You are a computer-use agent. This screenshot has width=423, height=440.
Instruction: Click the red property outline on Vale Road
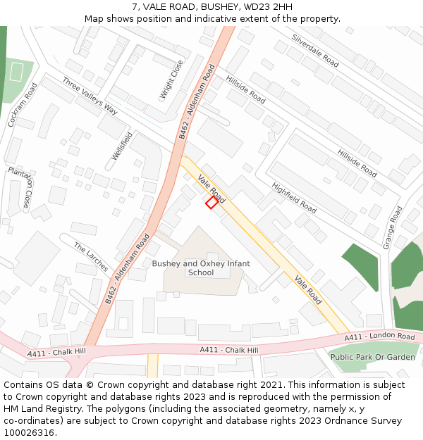211,203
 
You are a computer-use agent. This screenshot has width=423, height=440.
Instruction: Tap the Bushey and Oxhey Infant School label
201,268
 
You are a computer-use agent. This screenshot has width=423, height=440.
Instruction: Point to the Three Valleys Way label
90,96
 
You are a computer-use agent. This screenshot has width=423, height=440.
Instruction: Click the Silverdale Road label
315,50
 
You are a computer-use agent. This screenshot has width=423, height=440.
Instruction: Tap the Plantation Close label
19,187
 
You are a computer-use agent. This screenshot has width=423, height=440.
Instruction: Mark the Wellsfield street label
122,146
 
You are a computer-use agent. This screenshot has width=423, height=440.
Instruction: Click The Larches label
91,257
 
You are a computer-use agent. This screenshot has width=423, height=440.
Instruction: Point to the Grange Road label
393,227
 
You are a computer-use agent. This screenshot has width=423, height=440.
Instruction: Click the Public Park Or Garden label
373,357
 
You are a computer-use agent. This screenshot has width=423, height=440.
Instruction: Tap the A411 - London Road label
380,337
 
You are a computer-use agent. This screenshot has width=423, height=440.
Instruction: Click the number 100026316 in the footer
29,433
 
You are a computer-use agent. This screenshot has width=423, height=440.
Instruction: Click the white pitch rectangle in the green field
16,72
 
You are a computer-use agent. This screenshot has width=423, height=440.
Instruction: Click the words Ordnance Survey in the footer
367,421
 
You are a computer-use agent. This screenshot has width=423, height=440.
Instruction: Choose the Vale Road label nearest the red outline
211,188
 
